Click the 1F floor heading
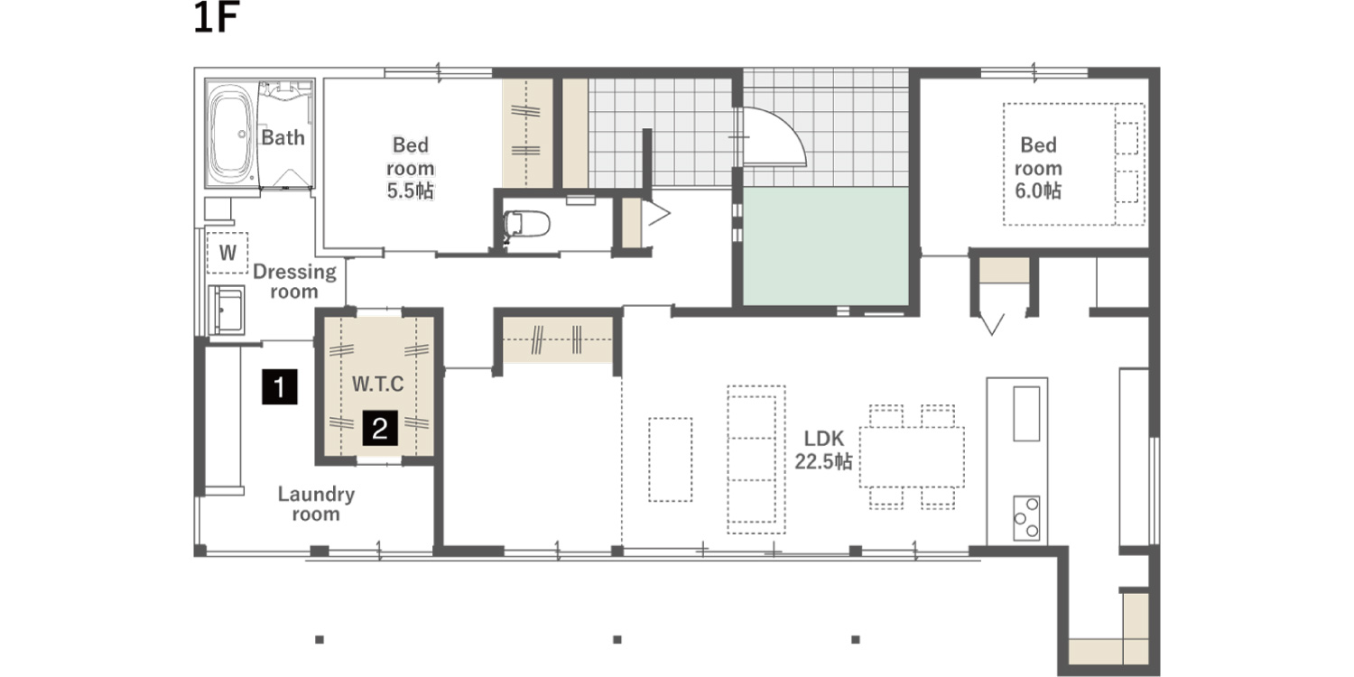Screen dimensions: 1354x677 (216, 18)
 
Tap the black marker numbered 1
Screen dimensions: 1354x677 (279, 386)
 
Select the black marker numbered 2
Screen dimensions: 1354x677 (380, 428)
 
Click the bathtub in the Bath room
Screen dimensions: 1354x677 (230, 134)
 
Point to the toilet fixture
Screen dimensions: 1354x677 (526, 224)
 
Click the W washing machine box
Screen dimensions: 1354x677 (227, 253)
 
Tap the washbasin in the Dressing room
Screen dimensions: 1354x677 (227, 311)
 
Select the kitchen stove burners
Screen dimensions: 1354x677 (1026, 518)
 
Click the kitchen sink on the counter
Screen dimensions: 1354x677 (1026, 413)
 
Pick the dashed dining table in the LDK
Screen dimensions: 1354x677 (912, 457)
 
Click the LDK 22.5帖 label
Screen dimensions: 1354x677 (823, 450)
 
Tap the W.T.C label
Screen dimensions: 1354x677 (378, 384)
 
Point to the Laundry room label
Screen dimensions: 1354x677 (316, 504)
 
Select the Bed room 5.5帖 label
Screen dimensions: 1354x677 (411, 168)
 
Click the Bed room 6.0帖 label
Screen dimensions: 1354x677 (1038, 168)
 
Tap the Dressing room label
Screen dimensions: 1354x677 (294, 282)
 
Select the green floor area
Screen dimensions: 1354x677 (826, 246)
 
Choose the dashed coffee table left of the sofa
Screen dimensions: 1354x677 (671, 459)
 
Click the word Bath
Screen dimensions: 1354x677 (283, 138)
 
